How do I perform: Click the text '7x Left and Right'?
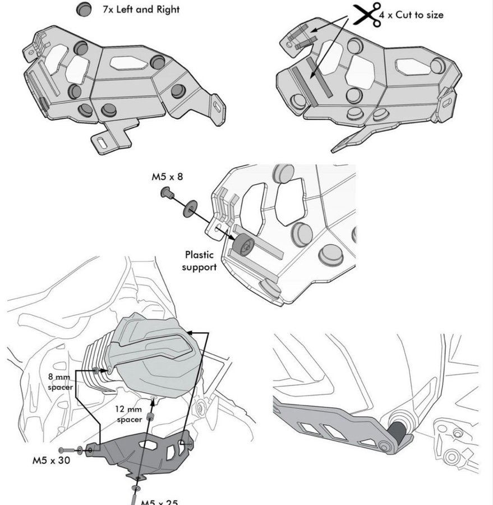[x=141, y=10]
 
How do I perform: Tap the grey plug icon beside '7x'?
[x=85, y=9]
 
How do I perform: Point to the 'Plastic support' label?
[x=199, y=261]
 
